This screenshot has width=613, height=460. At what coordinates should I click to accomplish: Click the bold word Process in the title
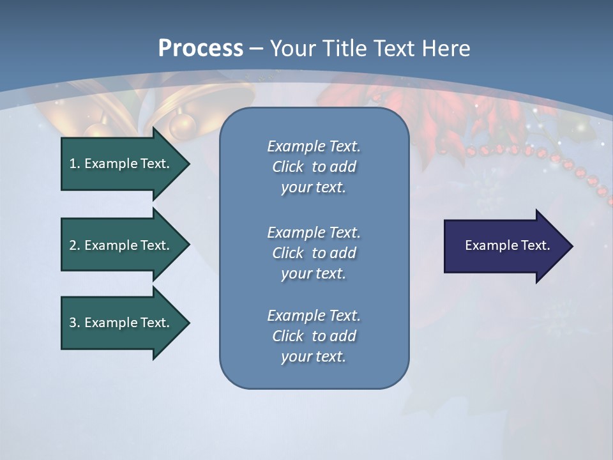[x=201, y=48]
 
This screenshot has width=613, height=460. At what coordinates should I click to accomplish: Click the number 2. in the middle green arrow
[x=74, y=245]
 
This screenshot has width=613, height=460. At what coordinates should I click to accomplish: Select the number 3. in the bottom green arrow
[x=74, y=323]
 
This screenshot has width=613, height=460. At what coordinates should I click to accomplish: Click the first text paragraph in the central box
[x=314, y=167]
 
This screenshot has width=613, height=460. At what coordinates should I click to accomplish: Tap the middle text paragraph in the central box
[x=314, y=253]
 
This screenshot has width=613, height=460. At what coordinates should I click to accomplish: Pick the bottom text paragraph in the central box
[x=314, y=336]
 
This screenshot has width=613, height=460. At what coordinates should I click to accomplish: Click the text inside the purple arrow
[x=507, y=245]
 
